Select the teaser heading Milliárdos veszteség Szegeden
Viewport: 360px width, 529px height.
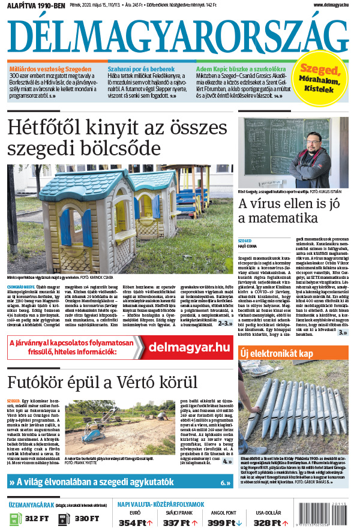tap(50, 70)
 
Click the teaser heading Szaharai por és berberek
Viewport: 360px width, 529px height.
tap(141, 70)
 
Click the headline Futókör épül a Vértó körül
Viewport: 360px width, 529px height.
tap(102, 382)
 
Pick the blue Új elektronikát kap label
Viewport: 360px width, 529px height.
tap(276, 354)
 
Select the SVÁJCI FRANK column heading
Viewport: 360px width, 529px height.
tap(178, 512)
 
